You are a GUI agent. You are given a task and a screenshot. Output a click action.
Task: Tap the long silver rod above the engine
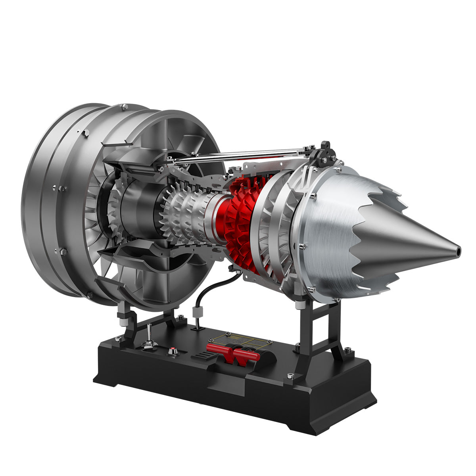point(238,155)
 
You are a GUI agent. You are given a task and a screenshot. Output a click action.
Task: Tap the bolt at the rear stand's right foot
point(348,349)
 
